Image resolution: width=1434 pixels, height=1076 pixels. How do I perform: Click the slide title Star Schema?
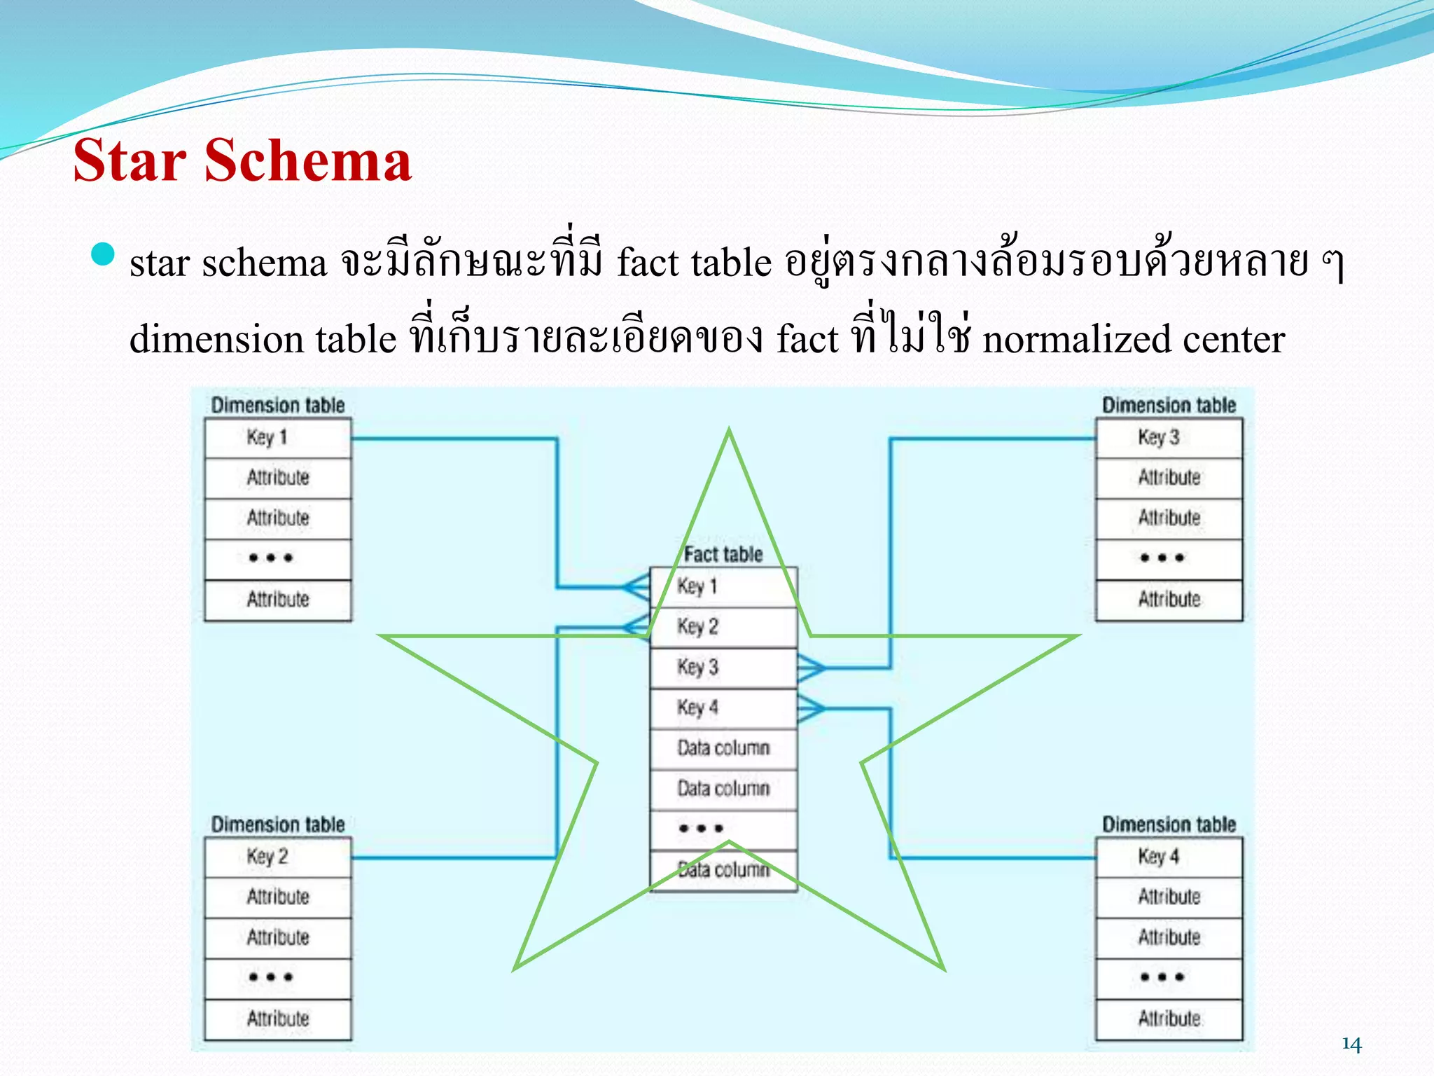(242, 161)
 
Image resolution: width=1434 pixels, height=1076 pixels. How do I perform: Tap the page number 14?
(1351, 1044)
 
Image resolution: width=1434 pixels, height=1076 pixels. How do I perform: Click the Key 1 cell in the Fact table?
(723, 587)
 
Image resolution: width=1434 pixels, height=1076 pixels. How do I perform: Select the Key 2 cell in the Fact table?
(723, 627)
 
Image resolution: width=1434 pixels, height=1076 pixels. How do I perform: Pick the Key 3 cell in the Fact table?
(723, 668)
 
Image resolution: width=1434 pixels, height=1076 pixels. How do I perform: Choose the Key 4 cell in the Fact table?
(723, 708)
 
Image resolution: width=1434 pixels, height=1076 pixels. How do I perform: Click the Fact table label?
(723, 555)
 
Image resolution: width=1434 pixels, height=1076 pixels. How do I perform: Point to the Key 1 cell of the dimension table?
(277, 438)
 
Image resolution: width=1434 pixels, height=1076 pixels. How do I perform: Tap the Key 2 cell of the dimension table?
(277, 857)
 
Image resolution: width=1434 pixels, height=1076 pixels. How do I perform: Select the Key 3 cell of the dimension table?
(1169, 438)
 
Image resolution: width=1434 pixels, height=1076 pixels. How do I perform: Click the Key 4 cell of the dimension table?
(1169, 857)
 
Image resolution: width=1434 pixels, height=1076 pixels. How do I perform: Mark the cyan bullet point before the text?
(103, 254)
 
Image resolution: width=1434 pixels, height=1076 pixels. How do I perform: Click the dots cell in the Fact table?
(723, 829)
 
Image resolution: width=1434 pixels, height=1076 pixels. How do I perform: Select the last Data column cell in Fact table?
(723, 871)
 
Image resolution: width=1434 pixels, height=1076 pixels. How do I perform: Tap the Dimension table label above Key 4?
(1169, 825)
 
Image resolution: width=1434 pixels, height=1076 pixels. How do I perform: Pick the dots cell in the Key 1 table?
(277, 558)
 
